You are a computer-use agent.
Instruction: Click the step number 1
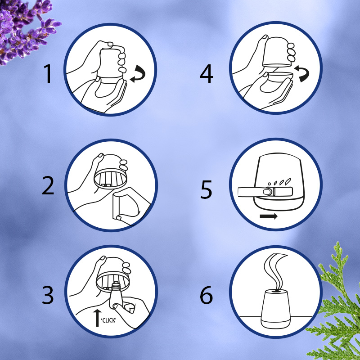(x=48, y=73)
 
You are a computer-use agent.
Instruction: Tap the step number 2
(x=48, y=185)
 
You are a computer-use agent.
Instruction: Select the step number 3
(x=48, y=295)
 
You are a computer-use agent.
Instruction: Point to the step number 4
(x=206, y=73)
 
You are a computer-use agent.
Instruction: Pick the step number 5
(x=206, y=189)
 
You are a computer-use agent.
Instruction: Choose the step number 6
(x=206, y=295)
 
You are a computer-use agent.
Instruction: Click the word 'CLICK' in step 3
(x=108, y=320)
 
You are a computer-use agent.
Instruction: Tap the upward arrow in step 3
(x=97, y=318)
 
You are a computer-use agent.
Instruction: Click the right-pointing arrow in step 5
(x=269, y=216)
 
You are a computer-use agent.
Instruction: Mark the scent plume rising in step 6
(x=275, y=272)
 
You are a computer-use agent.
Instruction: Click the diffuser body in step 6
(x=275, y=309)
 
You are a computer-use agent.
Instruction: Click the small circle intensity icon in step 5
(x=269, y=184)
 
